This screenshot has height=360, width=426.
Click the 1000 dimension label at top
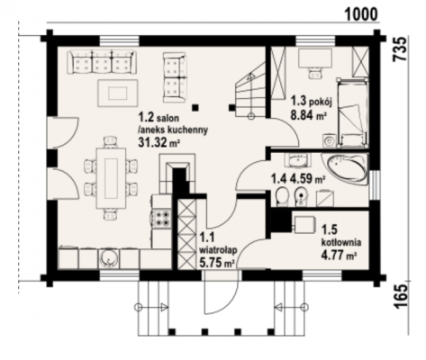360,13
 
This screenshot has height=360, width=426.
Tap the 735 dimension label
401,49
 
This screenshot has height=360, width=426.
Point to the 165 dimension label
401,296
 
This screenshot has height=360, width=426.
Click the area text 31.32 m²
159,142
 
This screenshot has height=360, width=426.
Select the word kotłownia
341,242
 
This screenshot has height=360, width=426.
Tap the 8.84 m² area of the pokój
309,114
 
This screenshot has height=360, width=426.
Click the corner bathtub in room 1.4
345,168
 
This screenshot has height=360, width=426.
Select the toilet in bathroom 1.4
282,197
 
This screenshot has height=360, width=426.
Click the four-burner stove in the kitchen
162,219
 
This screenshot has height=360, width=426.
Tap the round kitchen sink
109,257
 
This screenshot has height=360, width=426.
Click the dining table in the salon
111,178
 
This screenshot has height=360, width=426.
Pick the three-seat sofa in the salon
102,62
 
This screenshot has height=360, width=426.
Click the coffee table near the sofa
118,93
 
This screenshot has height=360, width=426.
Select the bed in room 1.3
352,112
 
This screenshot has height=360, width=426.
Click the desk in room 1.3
315,58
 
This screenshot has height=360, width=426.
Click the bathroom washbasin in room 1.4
297,160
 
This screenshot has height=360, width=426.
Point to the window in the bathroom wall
375,184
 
